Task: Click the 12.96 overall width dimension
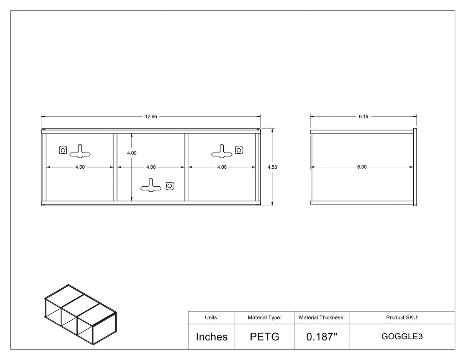coord(151,117)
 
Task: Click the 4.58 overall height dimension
coord(272,167)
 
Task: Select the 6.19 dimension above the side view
coord(363,117)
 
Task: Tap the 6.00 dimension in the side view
coord(362,167)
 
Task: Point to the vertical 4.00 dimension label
coord(132,153)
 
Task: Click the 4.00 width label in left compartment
coord(80,167)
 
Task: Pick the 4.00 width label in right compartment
coord(222,167)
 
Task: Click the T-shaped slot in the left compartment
coord(80,151)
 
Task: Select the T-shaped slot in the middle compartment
coord(151,185)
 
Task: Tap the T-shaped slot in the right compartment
coord(222,151)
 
